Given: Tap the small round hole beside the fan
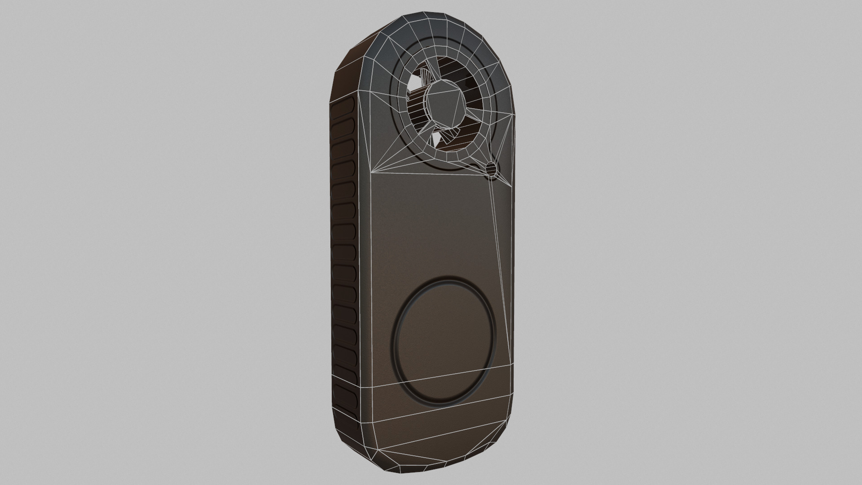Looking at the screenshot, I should click(x=492, y=168).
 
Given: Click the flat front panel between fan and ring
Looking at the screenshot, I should click(x=431, y=225).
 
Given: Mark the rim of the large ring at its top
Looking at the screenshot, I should click(x=444, y=279).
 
